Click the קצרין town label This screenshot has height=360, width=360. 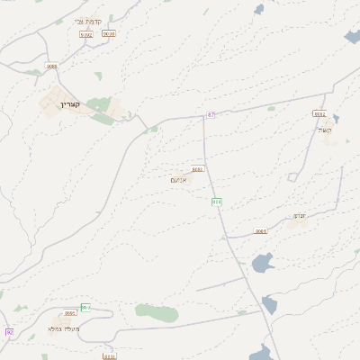point(70,105)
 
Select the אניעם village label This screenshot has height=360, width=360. point(178,179)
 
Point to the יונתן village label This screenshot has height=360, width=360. point(299,216)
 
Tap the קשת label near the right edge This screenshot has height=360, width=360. point(324,130)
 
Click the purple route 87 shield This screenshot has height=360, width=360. point(211,115)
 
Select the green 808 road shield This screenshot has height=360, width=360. point(217,202)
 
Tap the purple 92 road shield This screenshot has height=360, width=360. point(10,332)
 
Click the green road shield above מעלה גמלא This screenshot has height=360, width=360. point(85,308)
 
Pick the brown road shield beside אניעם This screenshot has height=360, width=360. point(197,169)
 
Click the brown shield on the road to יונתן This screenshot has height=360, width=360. point(261,231)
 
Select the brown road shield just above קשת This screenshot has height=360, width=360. point(319,114)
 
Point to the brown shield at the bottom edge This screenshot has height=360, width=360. point(110,356)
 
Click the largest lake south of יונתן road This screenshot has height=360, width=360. point(261,264)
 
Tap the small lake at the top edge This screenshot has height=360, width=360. point(259,10)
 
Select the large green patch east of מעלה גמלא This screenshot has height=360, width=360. point(157,312)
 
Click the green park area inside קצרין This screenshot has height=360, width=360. point(99,103)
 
